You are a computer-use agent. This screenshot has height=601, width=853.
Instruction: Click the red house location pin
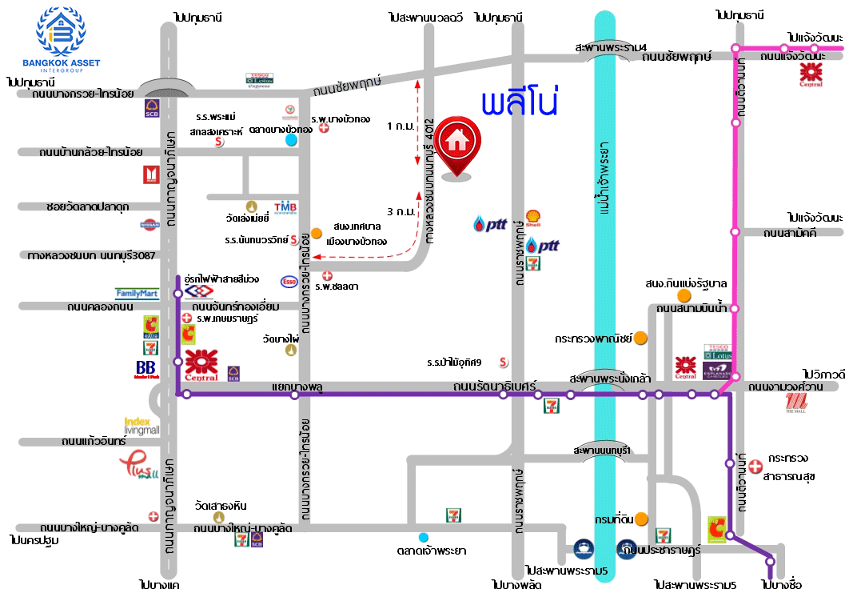pyautogui.click(x=456, y=144)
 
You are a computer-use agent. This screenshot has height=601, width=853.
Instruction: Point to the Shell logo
pyautogui.click(x=533, y=218)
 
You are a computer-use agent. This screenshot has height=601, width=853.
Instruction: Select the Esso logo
pyautogui.click(x=289, y=282)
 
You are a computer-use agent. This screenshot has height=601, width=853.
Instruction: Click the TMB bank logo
pyautogui.click(x=285, y=208)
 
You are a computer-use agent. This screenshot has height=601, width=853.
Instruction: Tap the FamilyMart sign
pyautogui.click(x=138, y=294)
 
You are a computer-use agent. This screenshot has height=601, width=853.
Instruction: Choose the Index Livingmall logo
pyautogui.click(x=142, y=426)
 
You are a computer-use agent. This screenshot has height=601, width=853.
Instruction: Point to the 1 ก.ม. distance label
pyautogui.click(x=399, y=126)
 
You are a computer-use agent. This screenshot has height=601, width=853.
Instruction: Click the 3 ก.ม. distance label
pyautogui.click(x=399, y=212)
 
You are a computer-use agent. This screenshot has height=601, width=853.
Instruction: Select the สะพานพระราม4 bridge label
pyautogui.click(x=611, y=47)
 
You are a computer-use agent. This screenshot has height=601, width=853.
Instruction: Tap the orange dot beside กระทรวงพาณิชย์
pyautogui.click(x=641, y=339)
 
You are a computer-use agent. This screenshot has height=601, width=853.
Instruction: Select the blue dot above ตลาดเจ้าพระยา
pyautogui.click(x=423, y=537)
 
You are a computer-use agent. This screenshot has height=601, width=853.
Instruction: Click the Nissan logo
pyautogui.click(x=149, y=226)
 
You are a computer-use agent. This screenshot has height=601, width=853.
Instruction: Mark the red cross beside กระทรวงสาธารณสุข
pyautogui.click(x=755, y=466)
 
